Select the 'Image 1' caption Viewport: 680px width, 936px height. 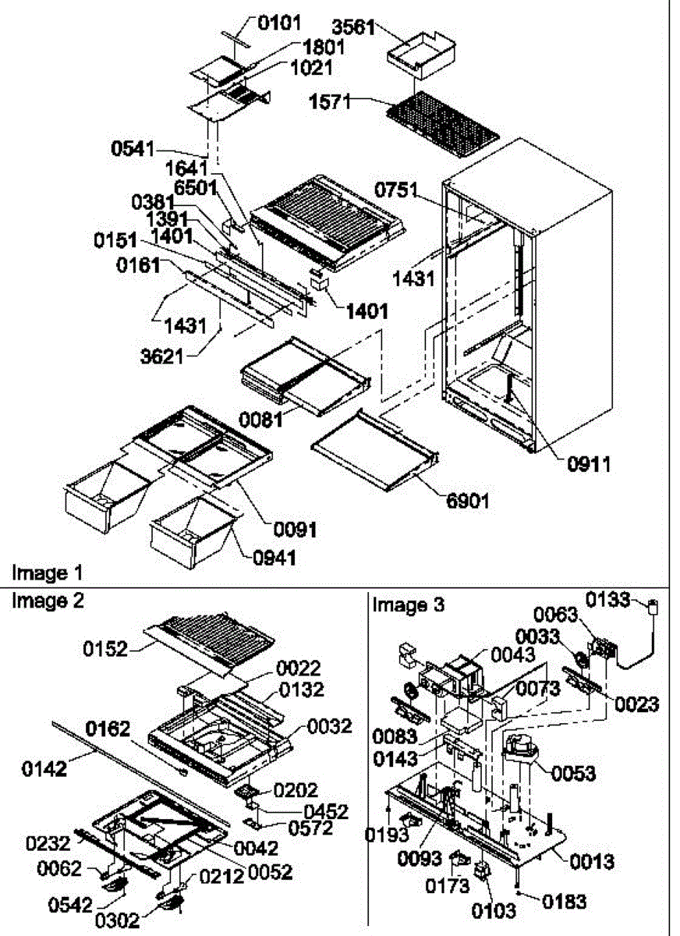(x=46, y=573)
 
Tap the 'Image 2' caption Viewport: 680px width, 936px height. (x=48, y=601)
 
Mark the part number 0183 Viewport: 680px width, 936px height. (x=561, y=902)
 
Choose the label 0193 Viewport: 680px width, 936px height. (x=388, y=835)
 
